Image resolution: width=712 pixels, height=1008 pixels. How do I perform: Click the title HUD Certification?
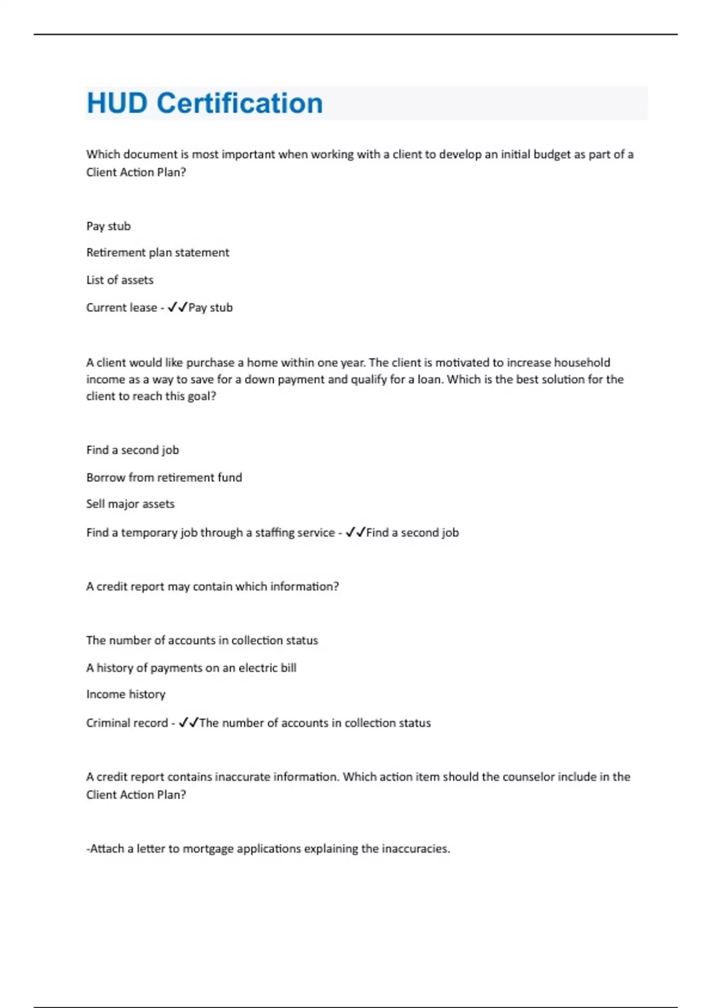pyautogui.click(x=205, y=103)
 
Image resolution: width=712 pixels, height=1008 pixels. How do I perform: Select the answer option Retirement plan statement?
pyautogui.click(x=157, y=253)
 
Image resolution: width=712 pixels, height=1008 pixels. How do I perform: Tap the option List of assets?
pyautogui.click(x=120, y=280)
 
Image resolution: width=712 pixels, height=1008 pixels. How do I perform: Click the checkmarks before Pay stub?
pyautogui.click(x=177, y=307)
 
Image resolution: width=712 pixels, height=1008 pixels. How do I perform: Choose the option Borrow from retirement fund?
pyautogui.click(x=164, y=477)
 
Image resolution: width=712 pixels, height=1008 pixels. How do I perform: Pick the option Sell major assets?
pyautogui.click(x=131, y=504)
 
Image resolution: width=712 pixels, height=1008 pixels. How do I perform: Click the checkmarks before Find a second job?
pyautogui.click(x=355, y=532)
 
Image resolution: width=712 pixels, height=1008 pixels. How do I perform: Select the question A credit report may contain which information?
pyautogui.click(x=212, y=586)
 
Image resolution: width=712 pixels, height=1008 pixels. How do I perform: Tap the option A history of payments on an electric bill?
pyautogui.click(x=191, y=668)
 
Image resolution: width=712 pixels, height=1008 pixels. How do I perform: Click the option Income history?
pyautogui.click(x=126, y=694)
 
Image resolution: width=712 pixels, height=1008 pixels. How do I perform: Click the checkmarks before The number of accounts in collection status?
pyautogui.click(x=189, y=723)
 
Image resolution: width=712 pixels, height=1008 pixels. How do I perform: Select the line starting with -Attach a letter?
pyautogui.click(x=268, y=848)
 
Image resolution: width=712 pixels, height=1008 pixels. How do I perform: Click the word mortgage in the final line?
pyautogui.click(x=208, y=848)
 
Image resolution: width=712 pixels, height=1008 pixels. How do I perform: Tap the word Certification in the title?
pyautogui.click(x=240, y=103)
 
